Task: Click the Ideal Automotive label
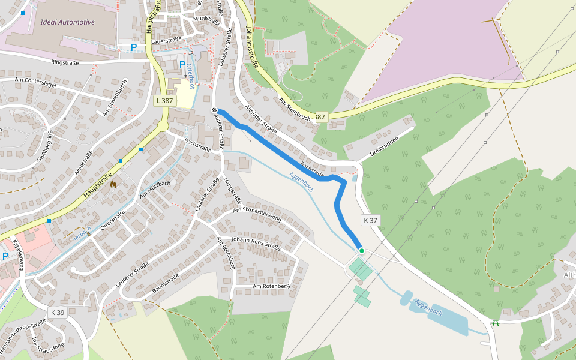68,22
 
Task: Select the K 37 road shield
370,220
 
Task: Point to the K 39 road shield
58,313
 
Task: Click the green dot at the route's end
361,250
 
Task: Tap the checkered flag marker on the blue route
214,110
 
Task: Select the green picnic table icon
496,323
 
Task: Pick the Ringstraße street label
65,62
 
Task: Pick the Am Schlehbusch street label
115,97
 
